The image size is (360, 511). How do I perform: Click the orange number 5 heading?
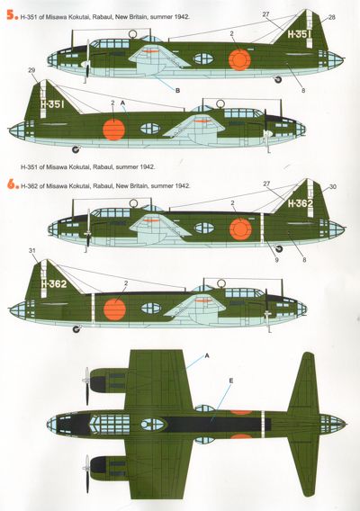pos(12,16)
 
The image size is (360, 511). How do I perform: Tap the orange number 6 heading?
pos(12,184)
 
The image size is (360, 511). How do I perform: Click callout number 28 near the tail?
pos(331,17)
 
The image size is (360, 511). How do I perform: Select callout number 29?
pos(31,70)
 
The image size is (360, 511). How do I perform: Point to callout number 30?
pos(333,187)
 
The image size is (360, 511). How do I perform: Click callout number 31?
pos(31,251)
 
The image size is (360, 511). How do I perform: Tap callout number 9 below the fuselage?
pos(276,260)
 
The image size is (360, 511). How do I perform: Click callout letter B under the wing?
pos(177,91)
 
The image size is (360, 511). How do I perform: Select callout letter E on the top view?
pos(231,381)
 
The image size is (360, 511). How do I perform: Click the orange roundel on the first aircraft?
pos(239,59)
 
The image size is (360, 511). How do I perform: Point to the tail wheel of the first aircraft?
pos(278,79)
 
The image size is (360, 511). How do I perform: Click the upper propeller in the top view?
pos(87,386)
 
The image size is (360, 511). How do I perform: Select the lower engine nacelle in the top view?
pos(108,468)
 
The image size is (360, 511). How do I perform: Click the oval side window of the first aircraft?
pos(203,58)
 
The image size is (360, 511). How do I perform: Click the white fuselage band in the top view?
pos(263,425)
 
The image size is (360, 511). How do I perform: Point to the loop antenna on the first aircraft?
pos(133,33)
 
